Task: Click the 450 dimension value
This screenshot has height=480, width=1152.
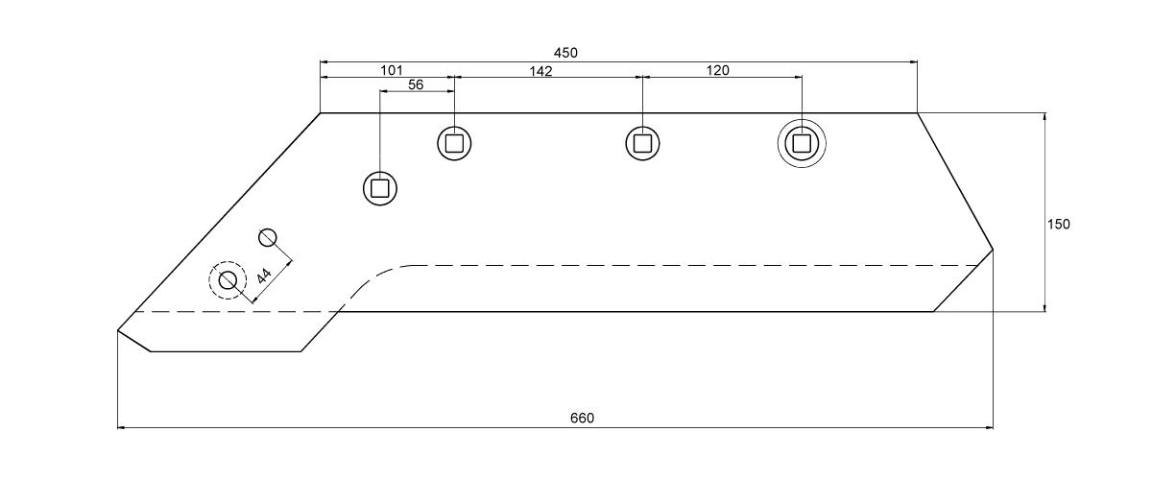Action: [565, 53]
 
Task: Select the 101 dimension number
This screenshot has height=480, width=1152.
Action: [392, 70]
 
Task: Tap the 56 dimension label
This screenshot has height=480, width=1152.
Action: [416, 84]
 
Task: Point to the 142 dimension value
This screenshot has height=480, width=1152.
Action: [540, 71]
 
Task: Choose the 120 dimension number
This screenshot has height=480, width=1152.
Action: [717, 70]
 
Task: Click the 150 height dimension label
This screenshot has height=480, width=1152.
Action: [1058, 225]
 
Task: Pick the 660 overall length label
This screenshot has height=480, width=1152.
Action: [582, 419]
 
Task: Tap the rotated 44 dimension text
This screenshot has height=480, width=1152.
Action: [264, 276]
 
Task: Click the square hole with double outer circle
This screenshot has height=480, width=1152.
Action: [802, 144]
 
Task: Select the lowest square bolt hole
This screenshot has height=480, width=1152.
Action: [380, 188]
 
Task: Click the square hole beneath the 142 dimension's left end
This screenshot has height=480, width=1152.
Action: [454, 143]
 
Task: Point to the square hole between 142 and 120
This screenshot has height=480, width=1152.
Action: [642, 143]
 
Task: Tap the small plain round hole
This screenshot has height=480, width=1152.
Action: [268, 238]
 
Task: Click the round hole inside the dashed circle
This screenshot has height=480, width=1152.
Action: [228, 281]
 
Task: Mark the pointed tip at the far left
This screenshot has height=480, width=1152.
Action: [118, 330]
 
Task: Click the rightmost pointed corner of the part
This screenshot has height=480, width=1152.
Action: [993, 250]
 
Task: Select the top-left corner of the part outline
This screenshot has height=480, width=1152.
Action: [321, 112]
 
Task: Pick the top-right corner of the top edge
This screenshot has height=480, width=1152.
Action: [918, 112]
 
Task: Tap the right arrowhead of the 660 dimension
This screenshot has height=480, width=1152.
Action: [988, 427]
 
